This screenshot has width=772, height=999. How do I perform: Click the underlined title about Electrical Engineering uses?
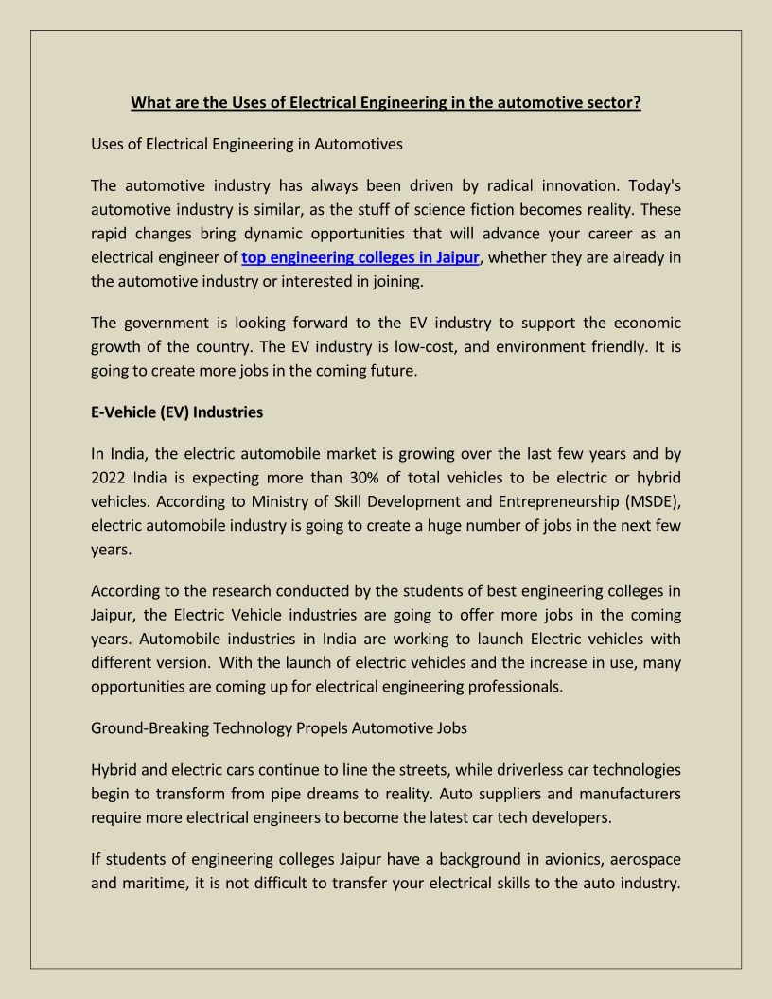click(386, 102)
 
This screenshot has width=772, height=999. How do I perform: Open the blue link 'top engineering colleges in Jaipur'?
click(360, 256)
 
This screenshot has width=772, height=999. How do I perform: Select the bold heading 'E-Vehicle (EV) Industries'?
click(177, 412)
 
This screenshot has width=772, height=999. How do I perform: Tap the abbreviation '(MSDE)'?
click(648, 501)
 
